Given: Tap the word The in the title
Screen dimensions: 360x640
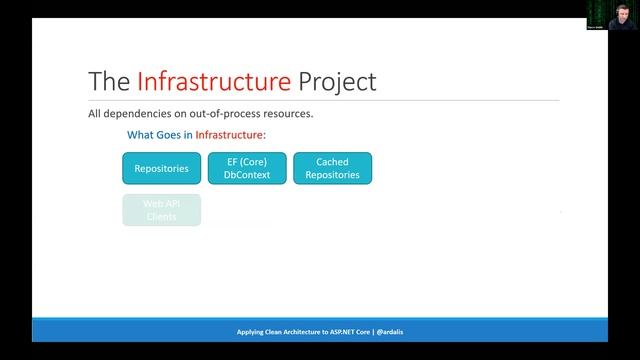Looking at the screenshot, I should pyautogui.click(x=108, y=79).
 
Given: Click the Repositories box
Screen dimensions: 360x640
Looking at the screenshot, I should pyautogui.click(x=161, y=168).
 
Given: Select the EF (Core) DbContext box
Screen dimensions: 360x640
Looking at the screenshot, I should pyautogui.click(x=247, y=168).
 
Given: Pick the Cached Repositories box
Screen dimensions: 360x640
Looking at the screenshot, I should pyautogui.click(x=332, y=168).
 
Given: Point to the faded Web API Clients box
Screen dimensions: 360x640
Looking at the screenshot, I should pyautogui.click(x=161, y=210).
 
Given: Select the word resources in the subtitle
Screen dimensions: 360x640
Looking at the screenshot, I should pyautogui.click(x=290, y=114).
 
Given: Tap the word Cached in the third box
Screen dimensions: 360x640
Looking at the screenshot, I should pyautogui.click(x=332, y=162).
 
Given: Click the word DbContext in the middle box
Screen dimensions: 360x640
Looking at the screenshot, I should pyautogui.click(x=247, y=175).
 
